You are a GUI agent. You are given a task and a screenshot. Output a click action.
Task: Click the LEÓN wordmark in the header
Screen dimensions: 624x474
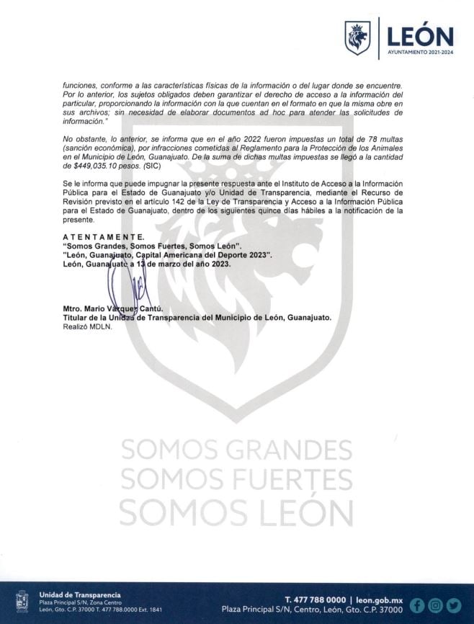point(420,36)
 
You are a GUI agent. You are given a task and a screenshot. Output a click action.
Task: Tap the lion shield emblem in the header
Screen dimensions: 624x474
point(357,38)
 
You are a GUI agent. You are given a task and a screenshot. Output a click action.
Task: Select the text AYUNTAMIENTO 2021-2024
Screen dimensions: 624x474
point(420,53)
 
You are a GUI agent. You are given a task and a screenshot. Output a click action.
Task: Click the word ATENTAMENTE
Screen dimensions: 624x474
point(103,237)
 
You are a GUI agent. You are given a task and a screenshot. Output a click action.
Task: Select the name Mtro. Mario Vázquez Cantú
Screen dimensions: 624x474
point(113,308)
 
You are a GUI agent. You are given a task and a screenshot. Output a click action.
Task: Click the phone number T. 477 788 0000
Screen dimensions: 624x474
point(315,600)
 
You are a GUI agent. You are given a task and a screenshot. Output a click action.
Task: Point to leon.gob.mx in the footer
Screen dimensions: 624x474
point(378,600)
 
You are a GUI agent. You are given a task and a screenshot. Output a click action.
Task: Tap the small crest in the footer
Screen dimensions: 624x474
point(22,602)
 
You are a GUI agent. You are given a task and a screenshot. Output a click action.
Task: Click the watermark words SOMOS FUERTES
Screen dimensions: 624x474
point(236,480)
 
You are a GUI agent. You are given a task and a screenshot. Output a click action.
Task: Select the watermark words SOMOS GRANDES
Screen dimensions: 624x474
point(236,450)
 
